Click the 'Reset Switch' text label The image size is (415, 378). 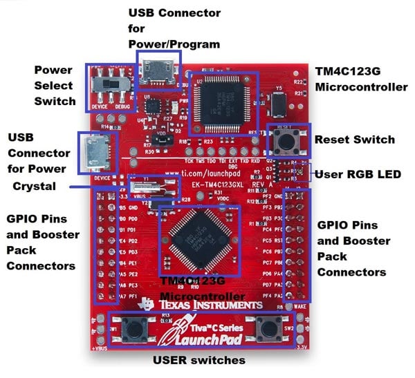click(x=354, y=140)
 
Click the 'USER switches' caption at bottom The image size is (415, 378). click(x=200, y=360)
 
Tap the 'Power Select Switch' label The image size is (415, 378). click(x=55, y=85)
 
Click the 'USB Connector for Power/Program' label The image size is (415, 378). click(x=175, y=28)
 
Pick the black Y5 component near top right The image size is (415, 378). click(x=279, y=104)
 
